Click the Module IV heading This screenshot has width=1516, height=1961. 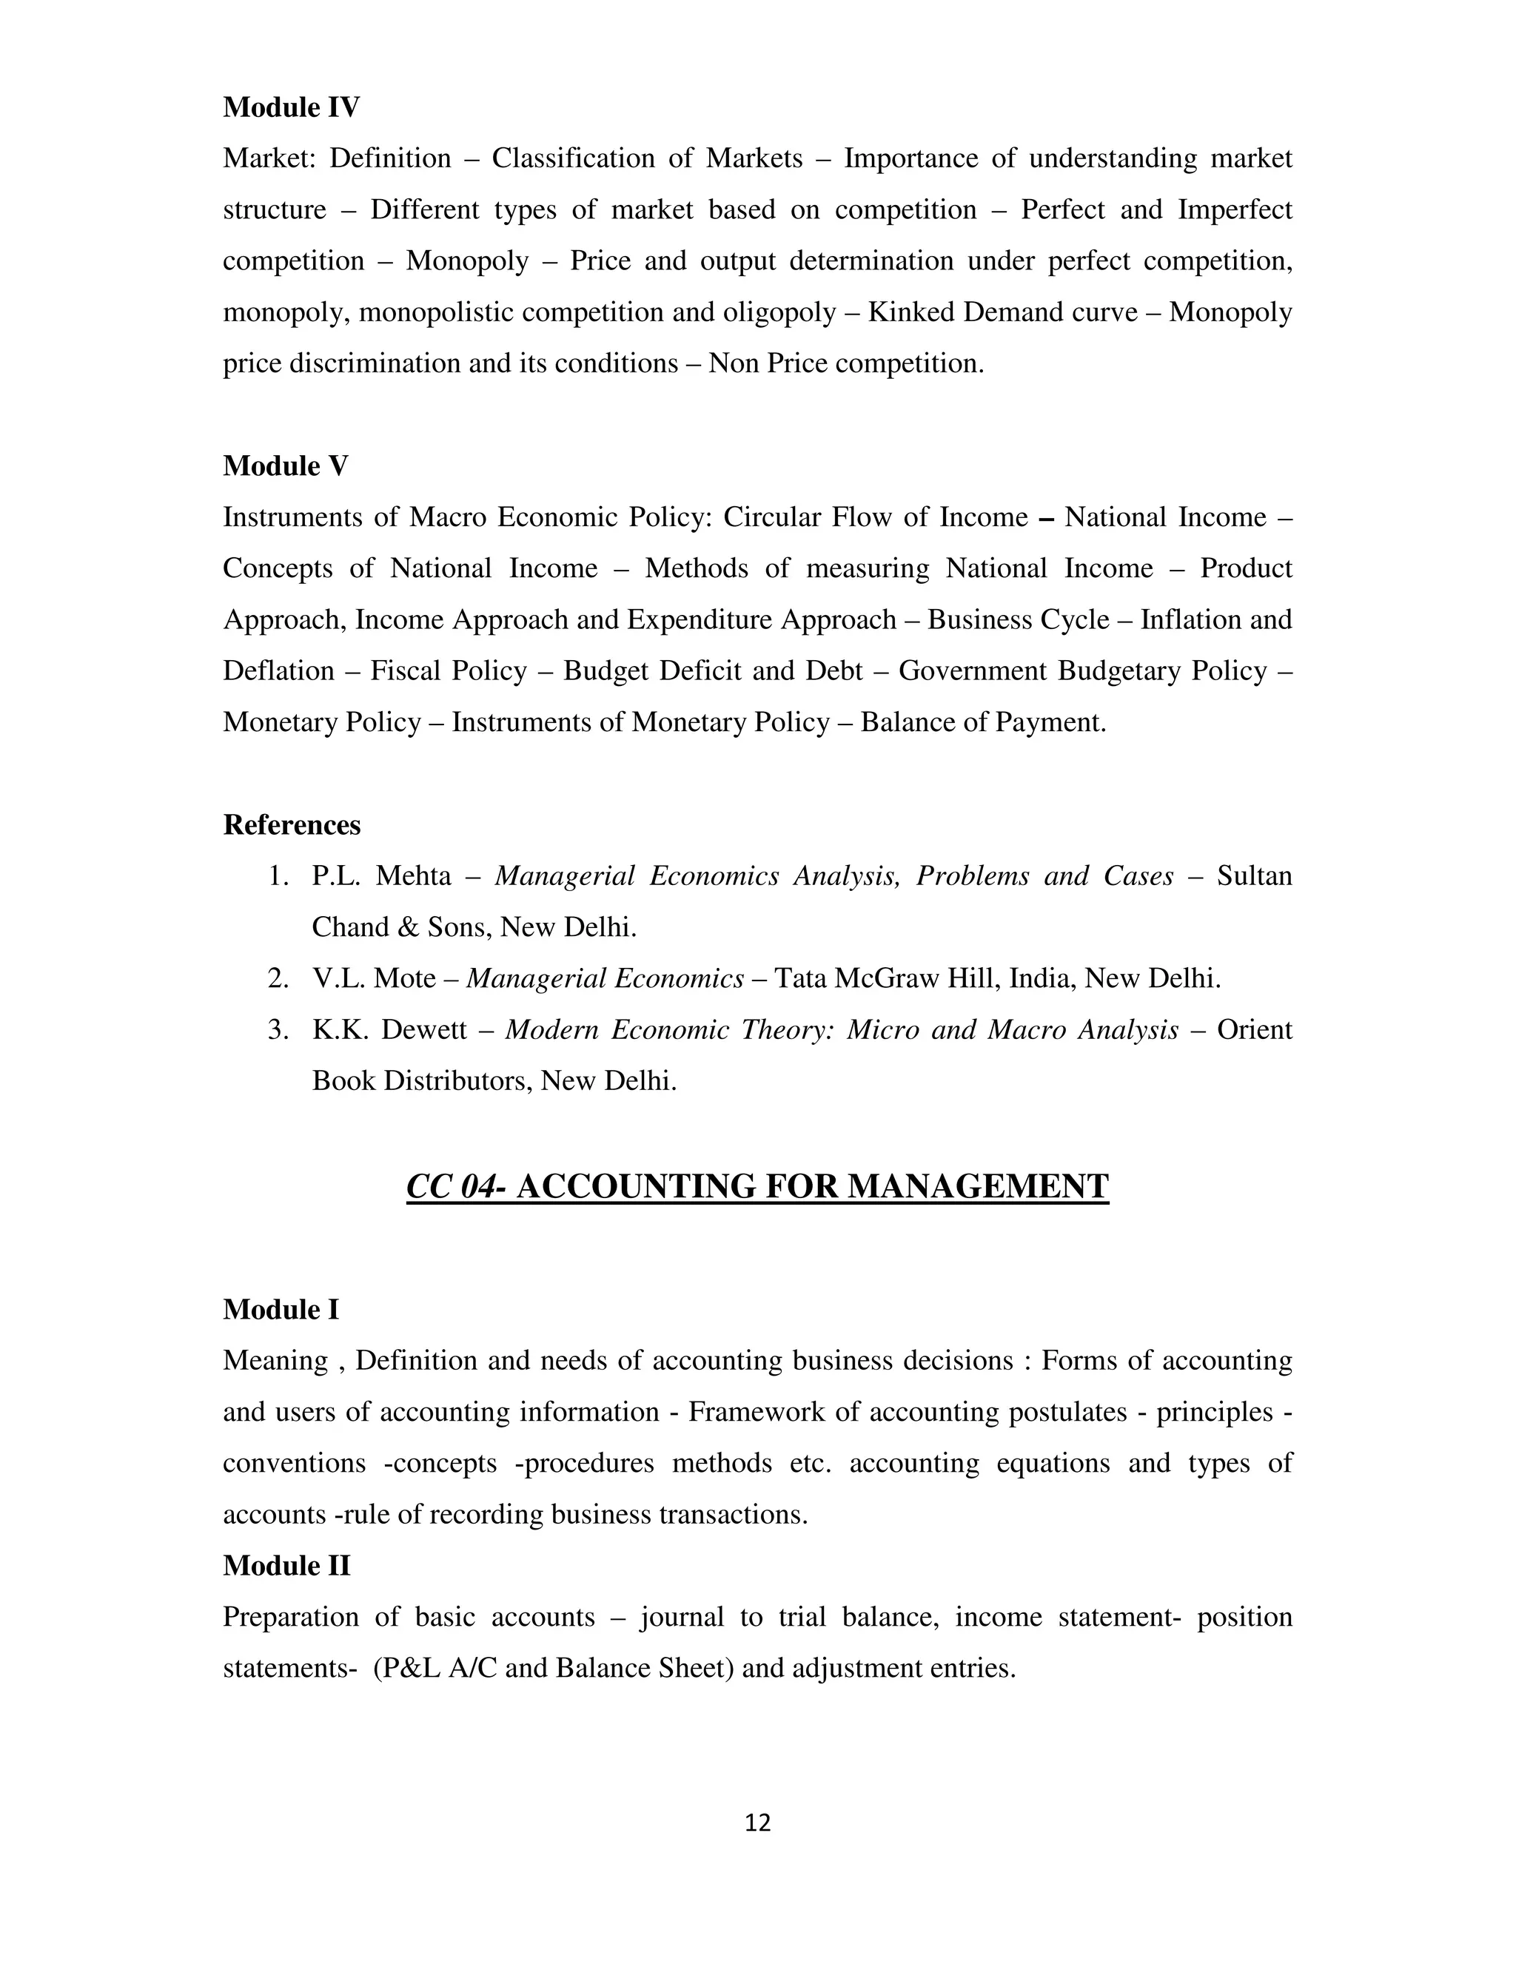click(291, 107)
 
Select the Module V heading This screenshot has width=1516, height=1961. click(286, 466)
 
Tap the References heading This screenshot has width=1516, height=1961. click(292, 824)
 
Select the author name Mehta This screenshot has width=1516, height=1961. click(412, 875)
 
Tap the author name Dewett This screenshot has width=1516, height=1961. click(424, 1029)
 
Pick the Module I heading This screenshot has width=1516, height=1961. click(281, 1310)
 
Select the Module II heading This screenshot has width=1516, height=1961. click(286, 1566)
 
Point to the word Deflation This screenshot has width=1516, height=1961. click(278, 670)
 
